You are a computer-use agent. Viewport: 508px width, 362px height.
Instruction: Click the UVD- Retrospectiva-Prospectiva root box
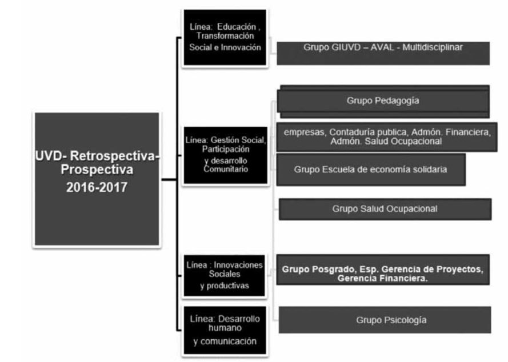click(95, 178)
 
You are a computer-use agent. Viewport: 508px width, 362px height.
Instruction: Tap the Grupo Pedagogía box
click(383, 100)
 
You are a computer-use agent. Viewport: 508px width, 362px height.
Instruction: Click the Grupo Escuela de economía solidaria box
click(370, 170)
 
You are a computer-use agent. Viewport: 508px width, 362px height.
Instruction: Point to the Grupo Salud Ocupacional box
click(385, 209)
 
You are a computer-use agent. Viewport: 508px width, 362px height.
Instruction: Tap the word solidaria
click(430, 170)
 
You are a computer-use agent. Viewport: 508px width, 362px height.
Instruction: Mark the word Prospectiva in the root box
click(95, 170)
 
